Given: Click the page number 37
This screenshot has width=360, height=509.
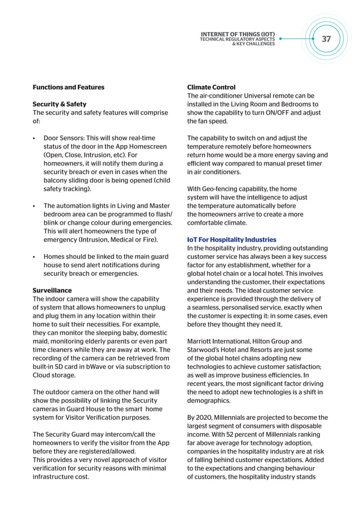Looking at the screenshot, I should point(326,39).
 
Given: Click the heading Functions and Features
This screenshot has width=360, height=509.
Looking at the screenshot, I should point(68,87).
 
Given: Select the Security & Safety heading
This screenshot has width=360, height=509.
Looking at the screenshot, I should point(59,104).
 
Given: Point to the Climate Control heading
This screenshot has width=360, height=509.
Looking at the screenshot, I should point(211,87).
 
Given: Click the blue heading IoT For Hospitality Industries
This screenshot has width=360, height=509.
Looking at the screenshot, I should point(231,240).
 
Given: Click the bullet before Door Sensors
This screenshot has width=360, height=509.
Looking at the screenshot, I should point(34,138).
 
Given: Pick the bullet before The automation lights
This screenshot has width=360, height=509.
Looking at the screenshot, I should point(34,206).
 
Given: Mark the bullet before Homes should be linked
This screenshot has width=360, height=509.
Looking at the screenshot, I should point(34,257).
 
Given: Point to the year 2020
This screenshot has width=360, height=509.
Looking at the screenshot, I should point(207,418).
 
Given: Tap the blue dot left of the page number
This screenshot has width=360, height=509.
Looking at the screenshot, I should point(280,39).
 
